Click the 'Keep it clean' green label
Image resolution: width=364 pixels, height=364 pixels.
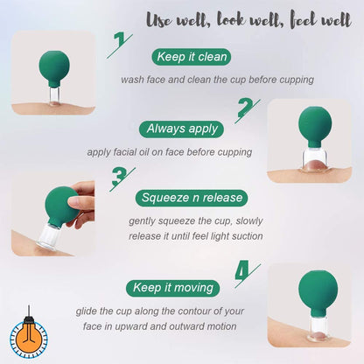(x=192, y=57)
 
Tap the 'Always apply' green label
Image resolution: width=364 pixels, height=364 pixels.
(x=182, y=129)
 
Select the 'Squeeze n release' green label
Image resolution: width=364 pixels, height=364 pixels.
(x=192, y=198)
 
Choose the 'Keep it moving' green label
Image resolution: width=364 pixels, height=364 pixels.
(x=173, y=288)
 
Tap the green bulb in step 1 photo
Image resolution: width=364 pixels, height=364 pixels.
(x=54, y=67)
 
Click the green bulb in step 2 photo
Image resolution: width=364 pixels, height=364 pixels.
(x=315, y=126)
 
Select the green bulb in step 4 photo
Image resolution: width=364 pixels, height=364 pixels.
(x=318, y=291)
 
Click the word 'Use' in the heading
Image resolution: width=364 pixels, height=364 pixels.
(x=157, y=20)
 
